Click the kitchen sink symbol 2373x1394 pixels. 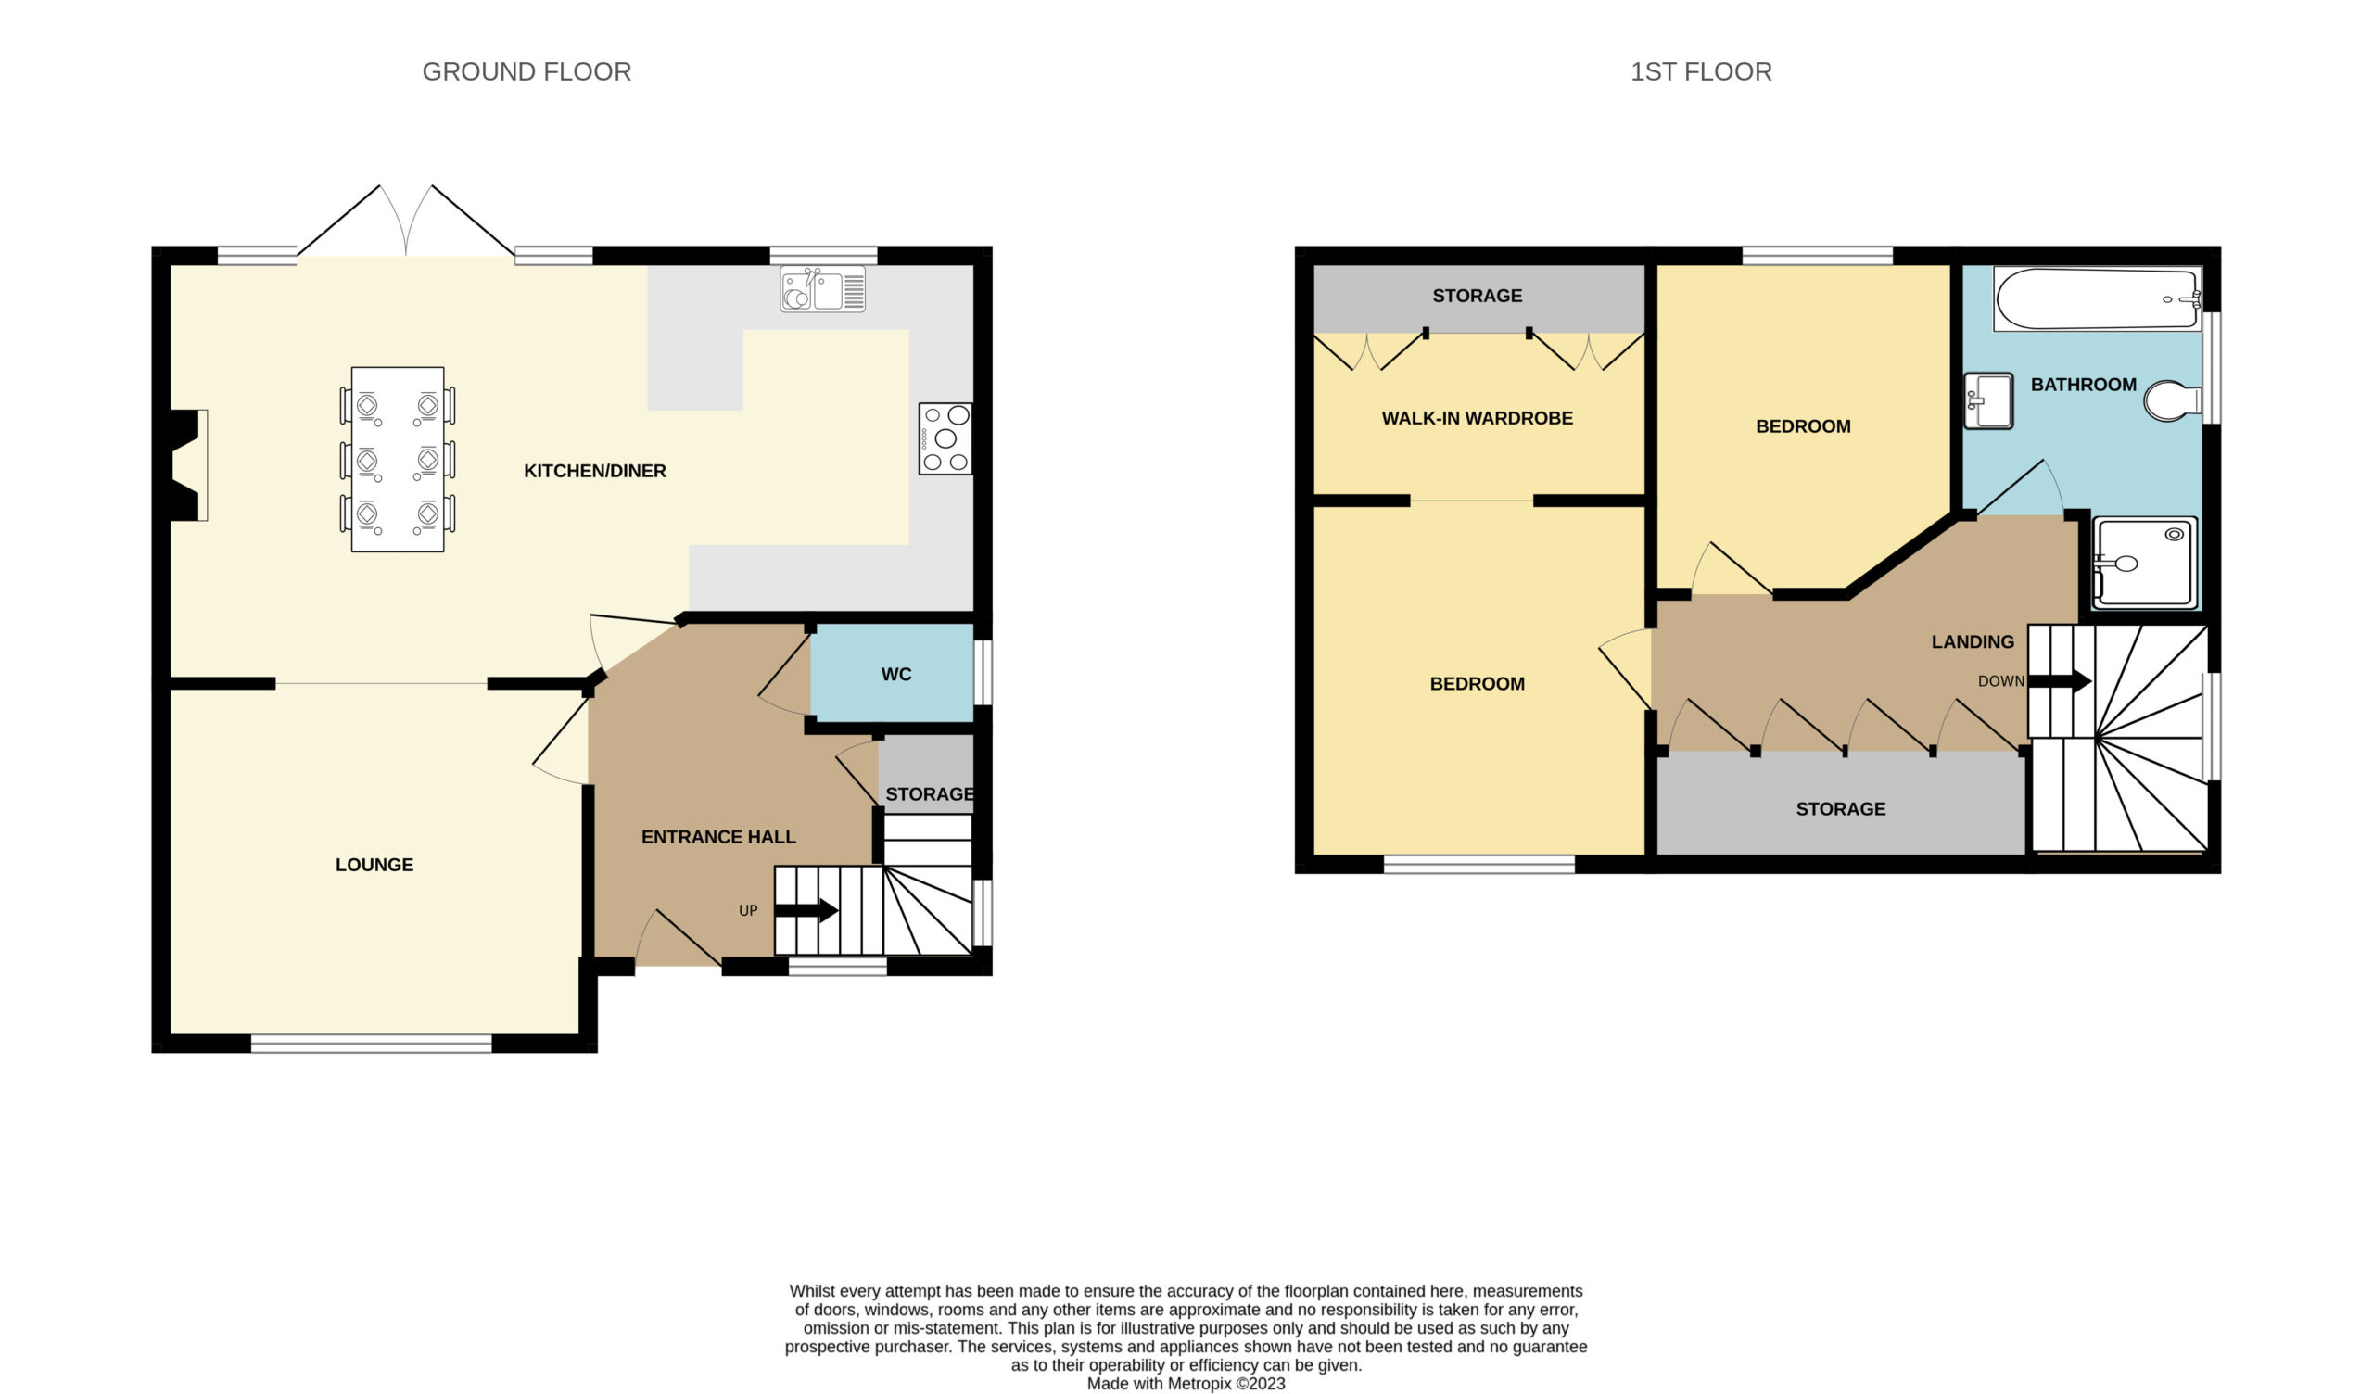[x=822, y=289]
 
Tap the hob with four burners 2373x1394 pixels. [x=945, y=438]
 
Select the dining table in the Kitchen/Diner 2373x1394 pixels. [x=398, y=459]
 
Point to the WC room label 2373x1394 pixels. [x=895, y=675]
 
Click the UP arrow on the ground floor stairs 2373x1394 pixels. [x=806, y=910]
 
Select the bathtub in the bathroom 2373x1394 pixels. [x=2097, y=299]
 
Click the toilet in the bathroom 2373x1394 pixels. [x=2173, y=400]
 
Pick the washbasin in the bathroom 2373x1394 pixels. [x=1988, y=401]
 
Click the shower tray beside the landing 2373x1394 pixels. [x=2144, y=563]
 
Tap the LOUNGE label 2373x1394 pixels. [x=374, y=865]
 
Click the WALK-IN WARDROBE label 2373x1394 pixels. [x=1477, y=418]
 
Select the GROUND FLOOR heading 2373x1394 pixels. [x=527, y=71]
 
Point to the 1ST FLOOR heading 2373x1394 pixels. [x=1701, y=71]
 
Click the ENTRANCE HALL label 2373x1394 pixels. [x=718, y=836]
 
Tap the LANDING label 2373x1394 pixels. [x=1973, y=641]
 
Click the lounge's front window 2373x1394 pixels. [x=371, y=1043]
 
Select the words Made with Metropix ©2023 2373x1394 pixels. [x=1186, y=1384]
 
